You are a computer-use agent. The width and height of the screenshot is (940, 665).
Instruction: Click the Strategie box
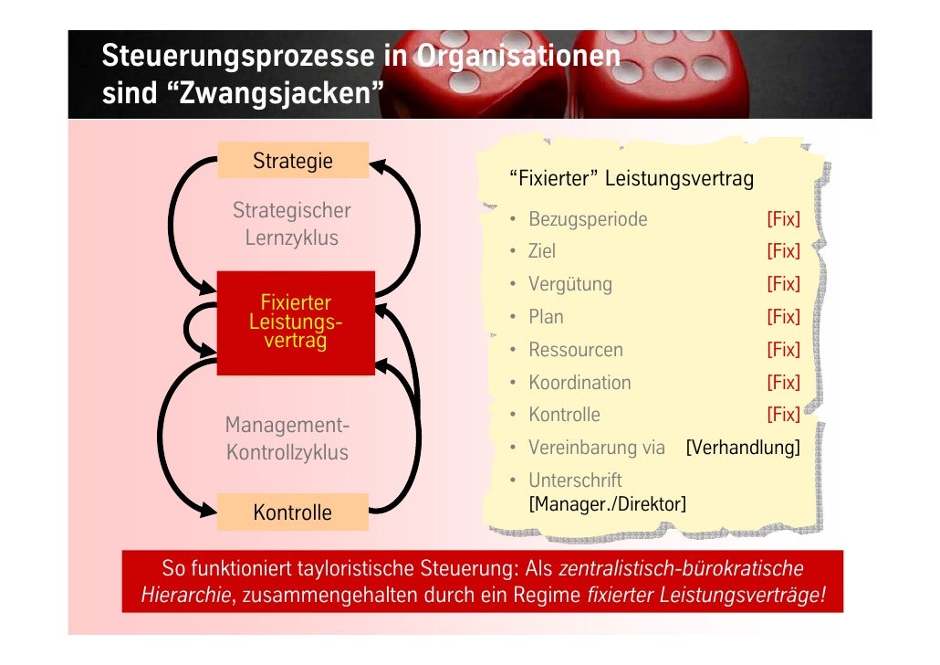(x=293, y=161)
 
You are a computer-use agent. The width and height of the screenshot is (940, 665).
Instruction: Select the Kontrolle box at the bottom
(x=292, y=512)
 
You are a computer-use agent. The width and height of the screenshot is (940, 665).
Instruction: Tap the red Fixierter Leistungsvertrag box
(x=296, y=322)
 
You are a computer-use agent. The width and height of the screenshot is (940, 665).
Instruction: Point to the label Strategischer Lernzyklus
(x=291, y=224)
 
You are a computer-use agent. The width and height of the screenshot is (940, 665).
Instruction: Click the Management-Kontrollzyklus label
(x=287, y=438)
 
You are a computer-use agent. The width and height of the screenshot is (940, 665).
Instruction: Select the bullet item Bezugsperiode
(x=588, y=219)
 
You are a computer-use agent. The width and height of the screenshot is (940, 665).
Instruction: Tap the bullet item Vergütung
(x=570, y=284)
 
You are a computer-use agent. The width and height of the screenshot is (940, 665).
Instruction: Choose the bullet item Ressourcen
(x=576, y=350)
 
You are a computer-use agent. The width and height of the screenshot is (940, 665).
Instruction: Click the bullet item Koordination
(x=580, y=383)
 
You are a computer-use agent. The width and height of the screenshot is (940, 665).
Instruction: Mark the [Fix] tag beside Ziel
(x=783, y=251)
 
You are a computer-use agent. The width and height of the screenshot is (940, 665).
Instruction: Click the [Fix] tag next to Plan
(x=783, y=317)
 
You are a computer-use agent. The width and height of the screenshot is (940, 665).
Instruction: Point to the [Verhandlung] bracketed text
(x=743, y=448)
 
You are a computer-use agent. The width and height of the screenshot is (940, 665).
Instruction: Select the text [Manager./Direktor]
(x=608, y=503)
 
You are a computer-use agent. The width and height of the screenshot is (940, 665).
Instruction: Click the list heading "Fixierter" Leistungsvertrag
(x=632, y=178)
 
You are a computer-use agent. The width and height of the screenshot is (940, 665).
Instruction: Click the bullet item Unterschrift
(x=575, y=480)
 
